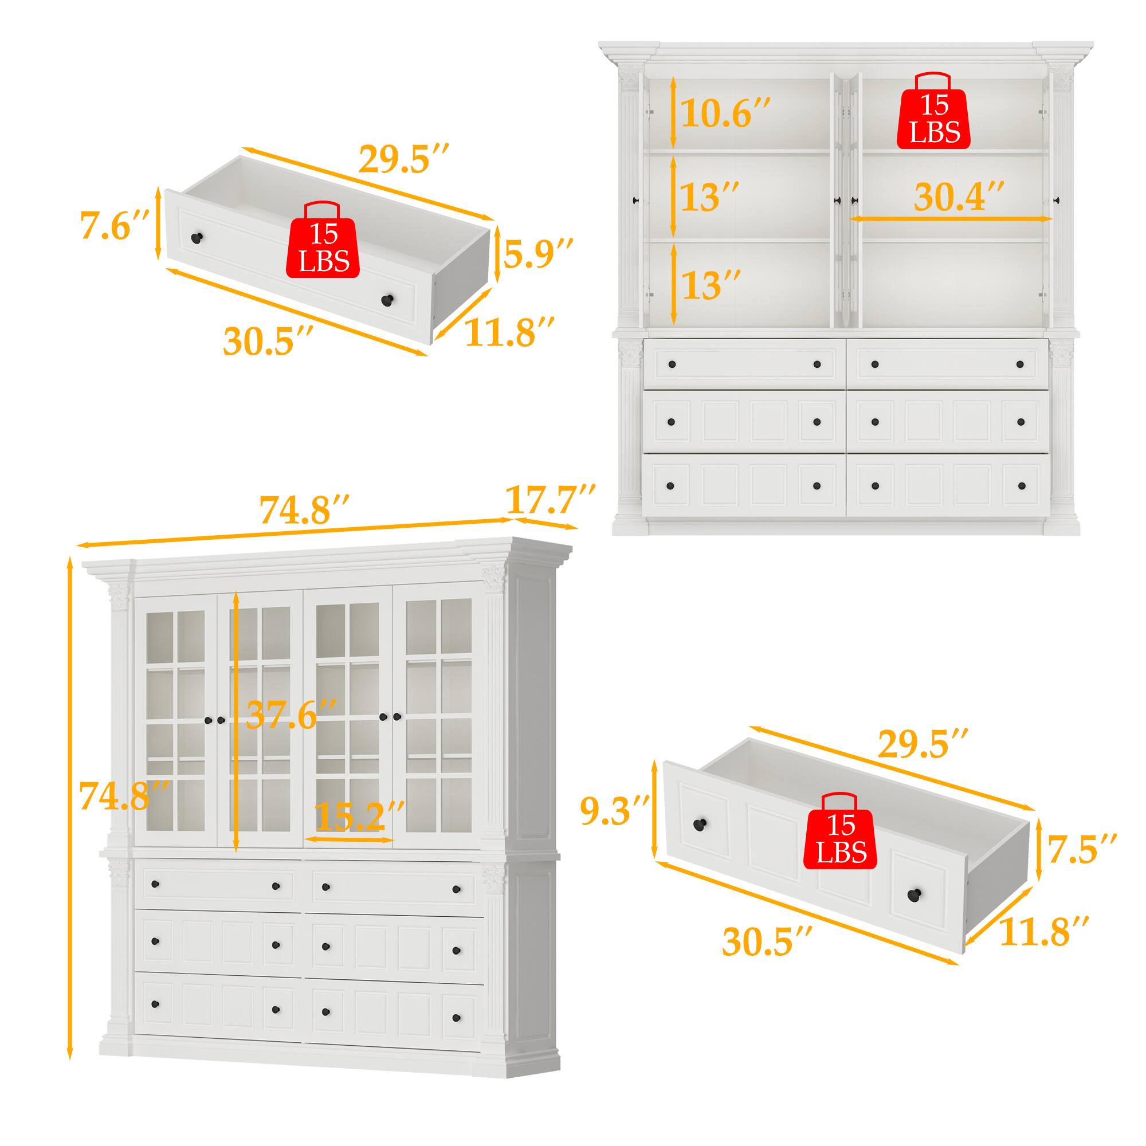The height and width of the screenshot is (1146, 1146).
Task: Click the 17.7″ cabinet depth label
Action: pos(550,500)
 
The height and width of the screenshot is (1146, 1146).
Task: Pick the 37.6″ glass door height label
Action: pos(291,714)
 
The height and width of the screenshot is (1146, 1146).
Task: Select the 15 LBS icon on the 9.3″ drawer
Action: pos(841,839)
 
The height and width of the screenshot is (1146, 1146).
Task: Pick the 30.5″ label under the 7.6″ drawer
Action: pos(267,341)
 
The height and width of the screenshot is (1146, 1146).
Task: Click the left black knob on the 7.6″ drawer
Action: pos(197,238)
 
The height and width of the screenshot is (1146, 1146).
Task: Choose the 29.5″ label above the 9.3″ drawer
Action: pos(923,744)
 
